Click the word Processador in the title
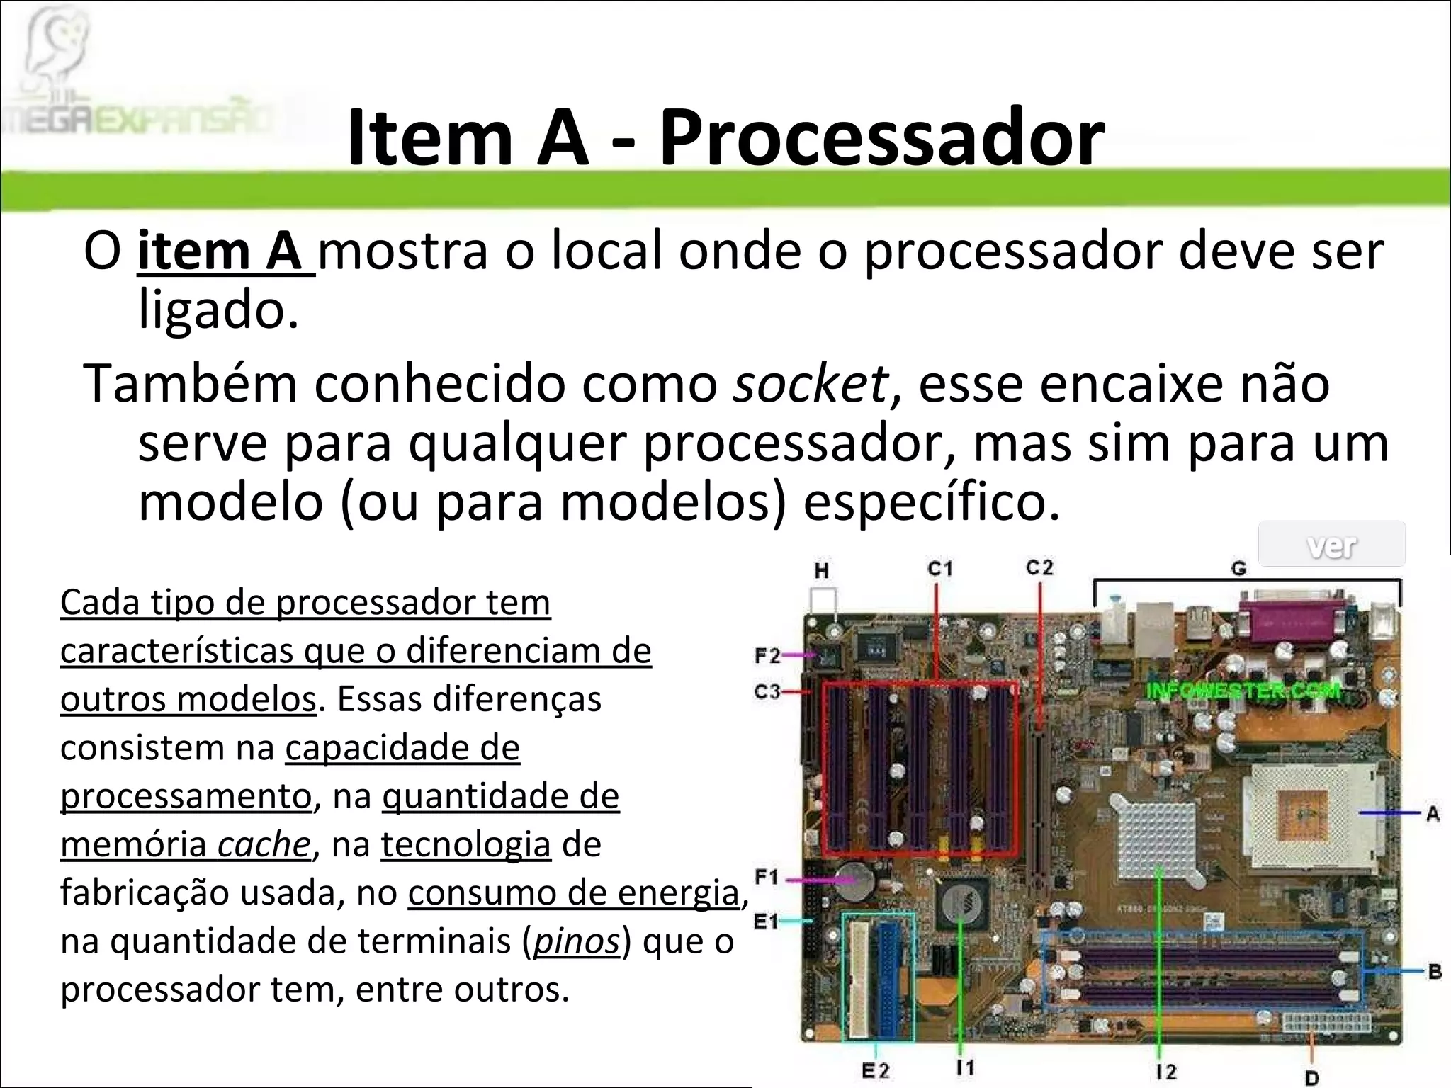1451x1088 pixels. [x=881, y=137]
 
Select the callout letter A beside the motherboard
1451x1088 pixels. [x=1433, y=814]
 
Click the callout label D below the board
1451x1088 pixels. [x=1311, y=1078]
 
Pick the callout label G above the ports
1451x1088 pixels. [x=1238, y=568]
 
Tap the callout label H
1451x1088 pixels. [x=822, y=571]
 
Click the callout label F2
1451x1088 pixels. [x=767, y=656]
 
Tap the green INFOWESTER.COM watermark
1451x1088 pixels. [x=1244, y=690]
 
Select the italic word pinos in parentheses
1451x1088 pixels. [x=576, y=941]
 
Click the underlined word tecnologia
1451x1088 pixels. [x=465, y=844]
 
